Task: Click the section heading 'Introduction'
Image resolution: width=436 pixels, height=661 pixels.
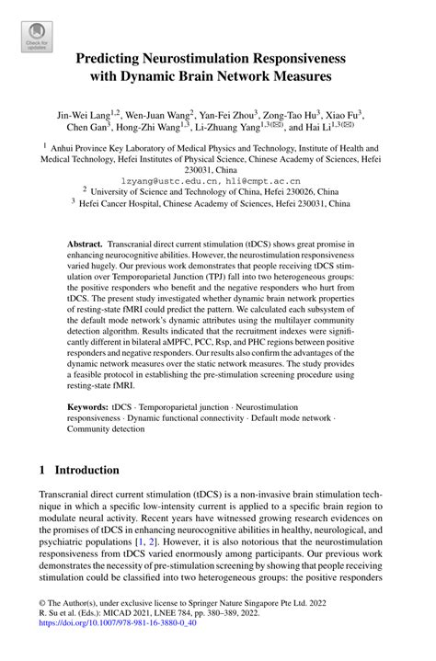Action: click(87, 470)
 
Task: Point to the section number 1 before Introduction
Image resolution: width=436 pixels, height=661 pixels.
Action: click(42, 470)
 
